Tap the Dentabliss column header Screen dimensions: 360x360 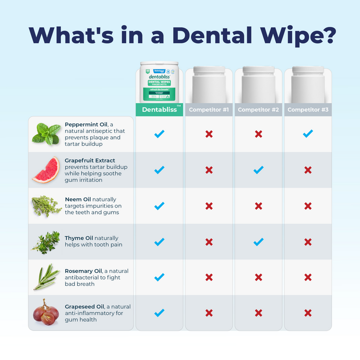159,109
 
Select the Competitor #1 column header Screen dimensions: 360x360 208,109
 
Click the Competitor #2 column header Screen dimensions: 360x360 258,109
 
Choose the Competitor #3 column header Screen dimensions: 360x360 307,109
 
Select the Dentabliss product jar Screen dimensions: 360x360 159,82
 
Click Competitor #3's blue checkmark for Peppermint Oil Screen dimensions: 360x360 307,134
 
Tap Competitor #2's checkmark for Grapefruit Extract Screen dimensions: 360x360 258,170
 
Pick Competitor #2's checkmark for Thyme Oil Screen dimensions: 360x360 258,242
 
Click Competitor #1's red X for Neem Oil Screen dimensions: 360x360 208,206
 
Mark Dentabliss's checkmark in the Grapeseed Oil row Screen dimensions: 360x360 159,313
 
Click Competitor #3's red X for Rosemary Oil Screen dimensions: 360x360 307,277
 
